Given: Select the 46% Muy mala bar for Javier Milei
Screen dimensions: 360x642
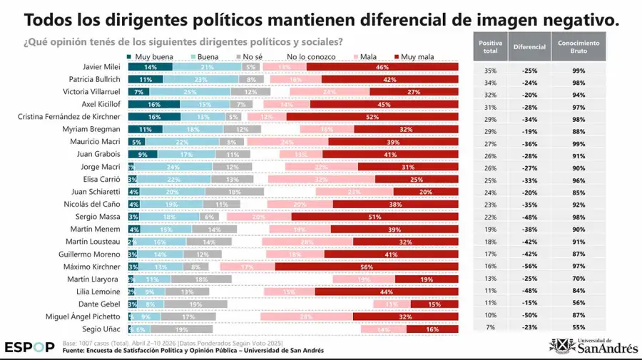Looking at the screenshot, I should click(x=382, y=67).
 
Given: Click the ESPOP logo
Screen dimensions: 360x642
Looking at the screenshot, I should click(x=29, y=347).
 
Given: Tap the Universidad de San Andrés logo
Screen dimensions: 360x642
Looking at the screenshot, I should click(x=591, y=346).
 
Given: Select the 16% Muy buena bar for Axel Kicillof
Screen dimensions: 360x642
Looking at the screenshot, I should click(x=153, y=104).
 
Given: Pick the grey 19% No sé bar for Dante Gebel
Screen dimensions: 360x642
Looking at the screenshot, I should click(x=195, y=304).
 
